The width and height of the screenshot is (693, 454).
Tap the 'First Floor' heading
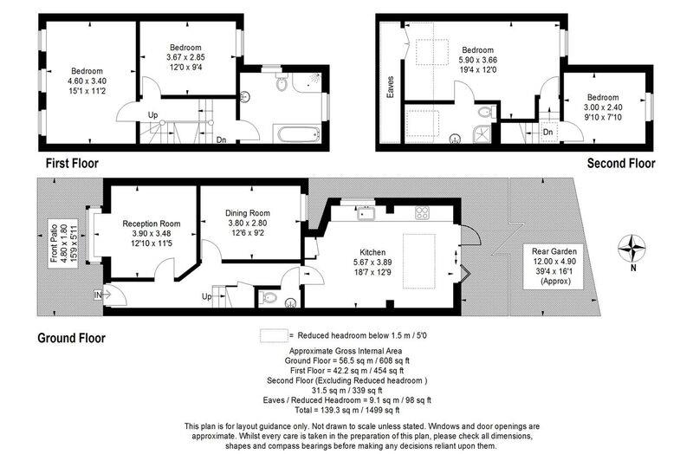point(72,163)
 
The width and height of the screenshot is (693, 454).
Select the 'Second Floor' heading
point(621,163)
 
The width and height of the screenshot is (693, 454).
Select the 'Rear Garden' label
point(551,251)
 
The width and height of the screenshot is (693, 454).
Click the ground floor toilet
point(270,297)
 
